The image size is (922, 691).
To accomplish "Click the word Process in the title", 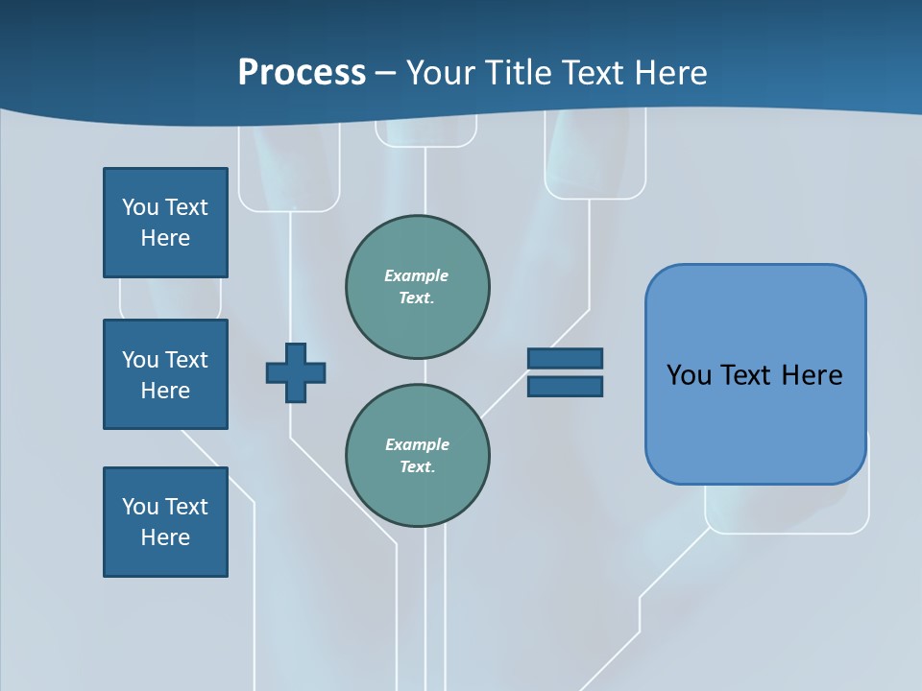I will pyautogui.click(x=302, y=73).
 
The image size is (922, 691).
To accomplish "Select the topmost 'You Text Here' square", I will pyautogui.click(x=165, y=223).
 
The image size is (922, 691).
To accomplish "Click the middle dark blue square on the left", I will pyautogui.click(x=165, y=374).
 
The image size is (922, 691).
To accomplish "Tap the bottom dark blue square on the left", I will pyautogui.click(x=165, y=522).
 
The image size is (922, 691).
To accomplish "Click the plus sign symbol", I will pyautogui.click(x=296, y=372).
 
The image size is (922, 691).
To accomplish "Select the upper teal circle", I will pyautogui.click(x=417, y=287).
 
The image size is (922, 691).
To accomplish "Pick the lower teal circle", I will pyautogui.click(x=417, y=456).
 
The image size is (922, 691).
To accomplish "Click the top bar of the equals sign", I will pyautogui.click(x=565, y=358).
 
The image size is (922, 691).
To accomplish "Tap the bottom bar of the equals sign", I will pyautogui.click(x=565, y=387).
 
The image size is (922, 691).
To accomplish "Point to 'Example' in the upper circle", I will pyautogui.click(x=416, y=275).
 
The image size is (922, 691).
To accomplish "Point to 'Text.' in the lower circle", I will pyautogui.click(x=417, y=467).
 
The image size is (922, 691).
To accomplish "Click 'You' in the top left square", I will pyautogui.click(x=140, y=207).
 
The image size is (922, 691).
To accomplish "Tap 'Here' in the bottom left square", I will pyautogui.click(x=165, y=537).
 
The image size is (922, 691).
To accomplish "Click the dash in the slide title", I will pyautogui.click(x=386, y=73).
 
